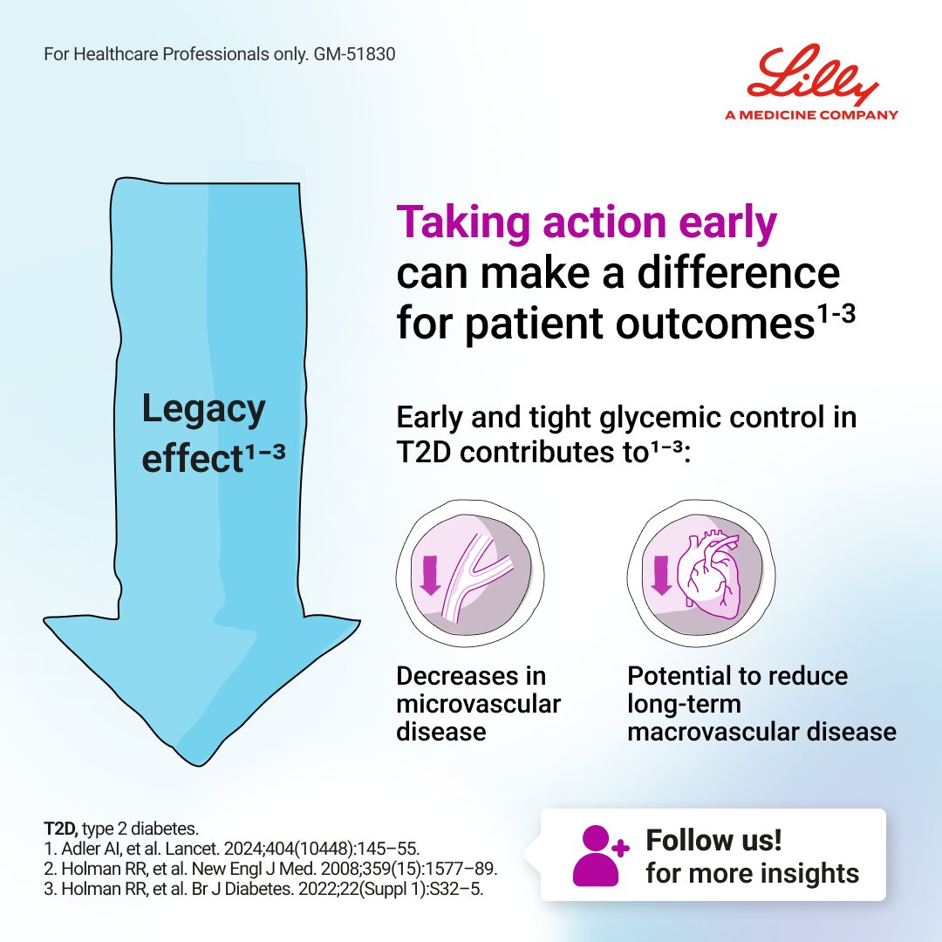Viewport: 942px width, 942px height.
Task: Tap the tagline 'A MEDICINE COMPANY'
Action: [811, 114]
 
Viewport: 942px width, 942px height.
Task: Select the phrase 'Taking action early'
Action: [586, 224]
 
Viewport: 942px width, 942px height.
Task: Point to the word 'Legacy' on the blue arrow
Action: [203, 409]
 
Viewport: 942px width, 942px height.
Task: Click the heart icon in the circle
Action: [710, 577]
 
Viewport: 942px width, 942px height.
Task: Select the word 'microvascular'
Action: [478, 704]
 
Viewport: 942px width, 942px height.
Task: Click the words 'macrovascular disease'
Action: [761, 731]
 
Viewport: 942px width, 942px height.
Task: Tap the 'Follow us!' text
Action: [713, 841]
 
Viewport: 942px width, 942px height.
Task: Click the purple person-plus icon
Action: [598, 855]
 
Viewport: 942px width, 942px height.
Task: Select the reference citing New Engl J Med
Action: [270, 869]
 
